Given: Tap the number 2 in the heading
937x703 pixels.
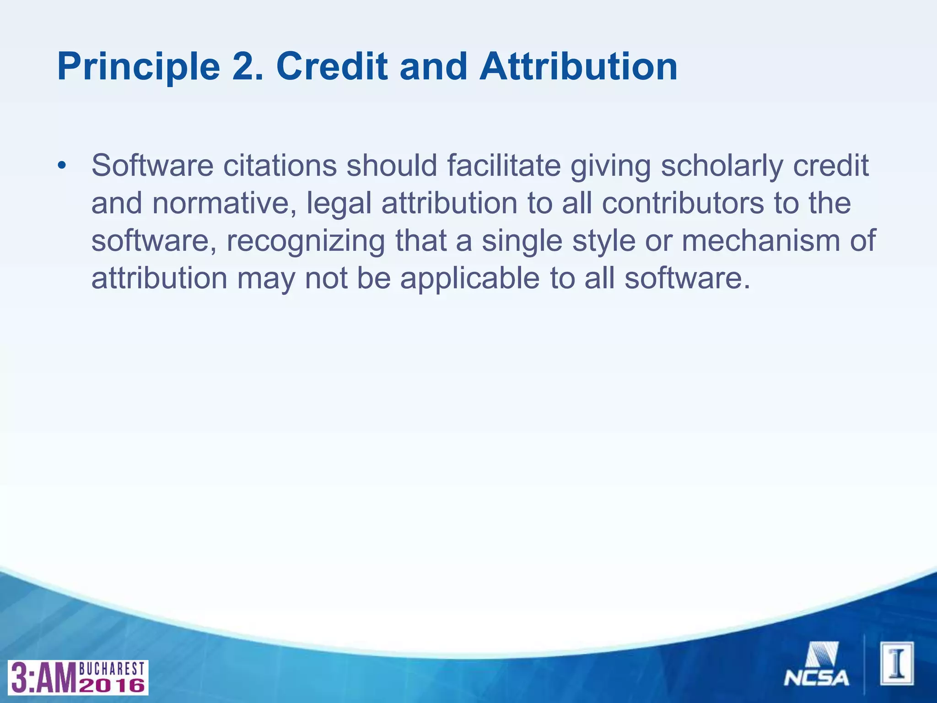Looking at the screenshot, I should coord(247,67).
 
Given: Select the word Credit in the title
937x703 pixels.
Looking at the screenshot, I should coord(331,67).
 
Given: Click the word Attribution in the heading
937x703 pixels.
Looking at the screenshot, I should coord(578,67).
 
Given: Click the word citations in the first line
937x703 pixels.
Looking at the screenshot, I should coord(280,166).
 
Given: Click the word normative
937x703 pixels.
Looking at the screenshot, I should coord(224,203).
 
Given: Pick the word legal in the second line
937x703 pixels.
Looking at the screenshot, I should coord(339,203).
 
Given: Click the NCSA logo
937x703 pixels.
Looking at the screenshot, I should coord(817,664).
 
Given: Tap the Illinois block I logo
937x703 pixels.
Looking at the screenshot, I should coord(897,663).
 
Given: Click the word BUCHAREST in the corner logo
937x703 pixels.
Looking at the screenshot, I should coord(112,669).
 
